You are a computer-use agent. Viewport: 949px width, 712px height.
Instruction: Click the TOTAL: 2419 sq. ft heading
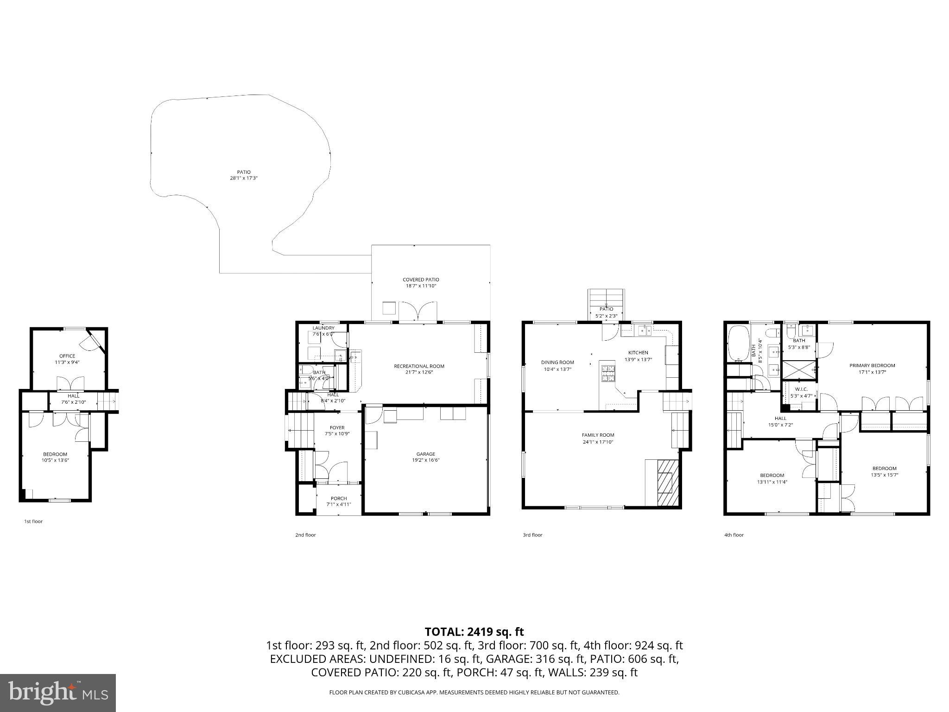tap(474, 632)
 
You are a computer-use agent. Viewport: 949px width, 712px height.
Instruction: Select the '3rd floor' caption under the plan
tap(532, 535)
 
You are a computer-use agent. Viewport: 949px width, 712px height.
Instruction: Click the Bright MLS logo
tap(58, 693)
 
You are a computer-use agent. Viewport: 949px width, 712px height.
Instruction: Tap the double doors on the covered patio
tap(418, 311)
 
